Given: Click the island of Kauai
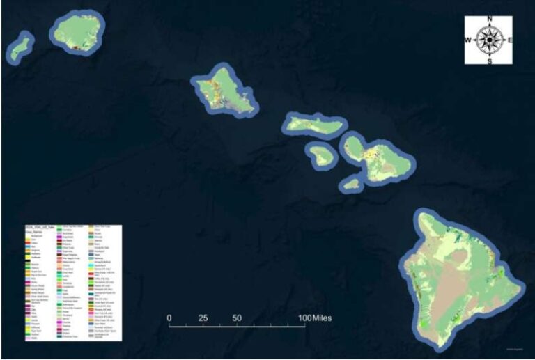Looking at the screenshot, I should (77, 30).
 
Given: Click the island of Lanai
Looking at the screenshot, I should (322, 155).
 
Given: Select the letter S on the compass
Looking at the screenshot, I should (489, 61).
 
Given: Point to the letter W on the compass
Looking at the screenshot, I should (468, 40).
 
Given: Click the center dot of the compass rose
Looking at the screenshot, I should (489, 40).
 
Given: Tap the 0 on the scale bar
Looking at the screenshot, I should (169, 318).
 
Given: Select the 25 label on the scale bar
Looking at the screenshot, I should (203, 318).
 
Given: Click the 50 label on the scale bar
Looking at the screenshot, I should (237, 318).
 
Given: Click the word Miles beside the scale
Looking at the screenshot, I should (321, 318).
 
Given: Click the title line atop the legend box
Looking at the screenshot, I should (42, 228).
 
